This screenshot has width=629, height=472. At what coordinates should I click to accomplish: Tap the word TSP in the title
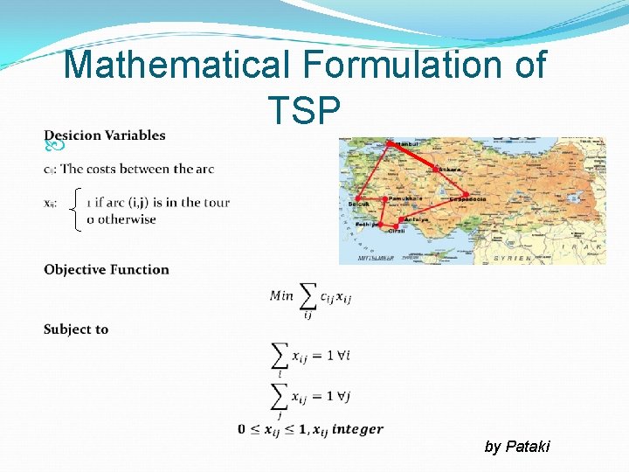pos(305,110)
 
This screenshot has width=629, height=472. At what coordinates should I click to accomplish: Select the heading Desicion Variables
pos(105,135)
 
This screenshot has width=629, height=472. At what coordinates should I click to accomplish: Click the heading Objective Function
pos(107,269)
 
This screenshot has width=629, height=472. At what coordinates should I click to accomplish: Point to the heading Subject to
pos(76,330)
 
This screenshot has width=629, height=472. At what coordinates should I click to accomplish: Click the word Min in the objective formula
pos(281,295)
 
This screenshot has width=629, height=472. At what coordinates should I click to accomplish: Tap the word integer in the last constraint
pos(357,428)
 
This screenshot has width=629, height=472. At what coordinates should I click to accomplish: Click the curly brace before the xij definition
pos(78,211)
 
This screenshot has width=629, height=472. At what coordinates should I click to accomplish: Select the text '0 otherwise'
pos(121,219)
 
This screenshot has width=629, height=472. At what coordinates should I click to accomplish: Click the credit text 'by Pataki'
pos(517,447)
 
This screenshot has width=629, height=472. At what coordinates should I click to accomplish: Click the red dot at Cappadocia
pos(466,194)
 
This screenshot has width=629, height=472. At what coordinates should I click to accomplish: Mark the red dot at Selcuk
pos(357,199)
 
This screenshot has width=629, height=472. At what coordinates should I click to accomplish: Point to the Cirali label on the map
pos(396,231)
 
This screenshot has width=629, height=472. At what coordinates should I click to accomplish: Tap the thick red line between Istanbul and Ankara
pos(413,156)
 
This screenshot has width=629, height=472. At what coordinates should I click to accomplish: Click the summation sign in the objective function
pos(308,296)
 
